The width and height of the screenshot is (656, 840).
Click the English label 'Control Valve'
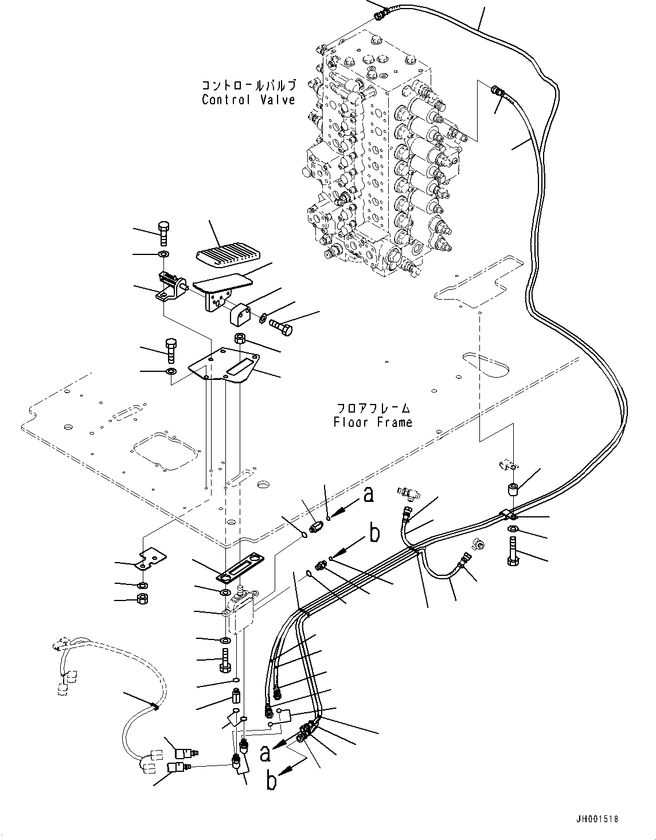coord(248,100)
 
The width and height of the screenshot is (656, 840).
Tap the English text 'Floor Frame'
coord(373,422)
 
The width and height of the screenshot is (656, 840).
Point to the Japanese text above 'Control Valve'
coord(248,85)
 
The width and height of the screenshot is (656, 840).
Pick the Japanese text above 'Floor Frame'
coord(373,409)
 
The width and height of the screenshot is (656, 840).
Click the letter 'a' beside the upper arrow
coord(368,494)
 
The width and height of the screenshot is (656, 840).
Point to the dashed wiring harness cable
coord(138,688)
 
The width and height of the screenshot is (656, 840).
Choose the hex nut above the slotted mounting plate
coord(240,339)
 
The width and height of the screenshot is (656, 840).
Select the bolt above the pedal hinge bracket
coord(163,234)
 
